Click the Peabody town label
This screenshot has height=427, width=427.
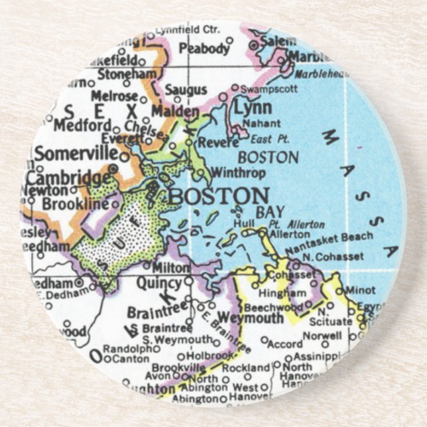coord(204,48)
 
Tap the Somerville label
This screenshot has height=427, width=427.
coord(76,154)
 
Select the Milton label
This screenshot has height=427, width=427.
coord(171,267)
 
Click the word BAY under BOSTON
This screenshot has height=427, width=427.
coord(270,212)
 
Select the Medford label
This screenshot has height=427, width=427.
coord(82,125)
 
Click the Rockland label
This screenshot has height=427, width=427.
coord(245,367)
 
